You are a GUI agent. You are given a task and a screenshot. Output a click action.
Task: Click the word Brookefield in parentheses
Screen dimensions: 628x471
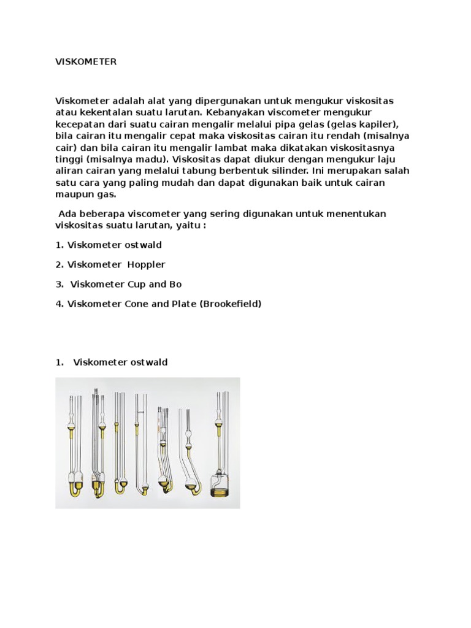click(231, 304)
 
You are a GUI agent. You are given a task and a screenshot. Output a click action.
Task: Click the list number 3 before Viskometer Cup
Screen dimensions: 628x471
click(58, 284)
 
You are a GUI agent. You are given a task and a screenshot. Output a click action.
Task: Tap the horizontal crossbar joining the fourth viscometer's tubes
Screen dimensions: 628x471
click(140, 411)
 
